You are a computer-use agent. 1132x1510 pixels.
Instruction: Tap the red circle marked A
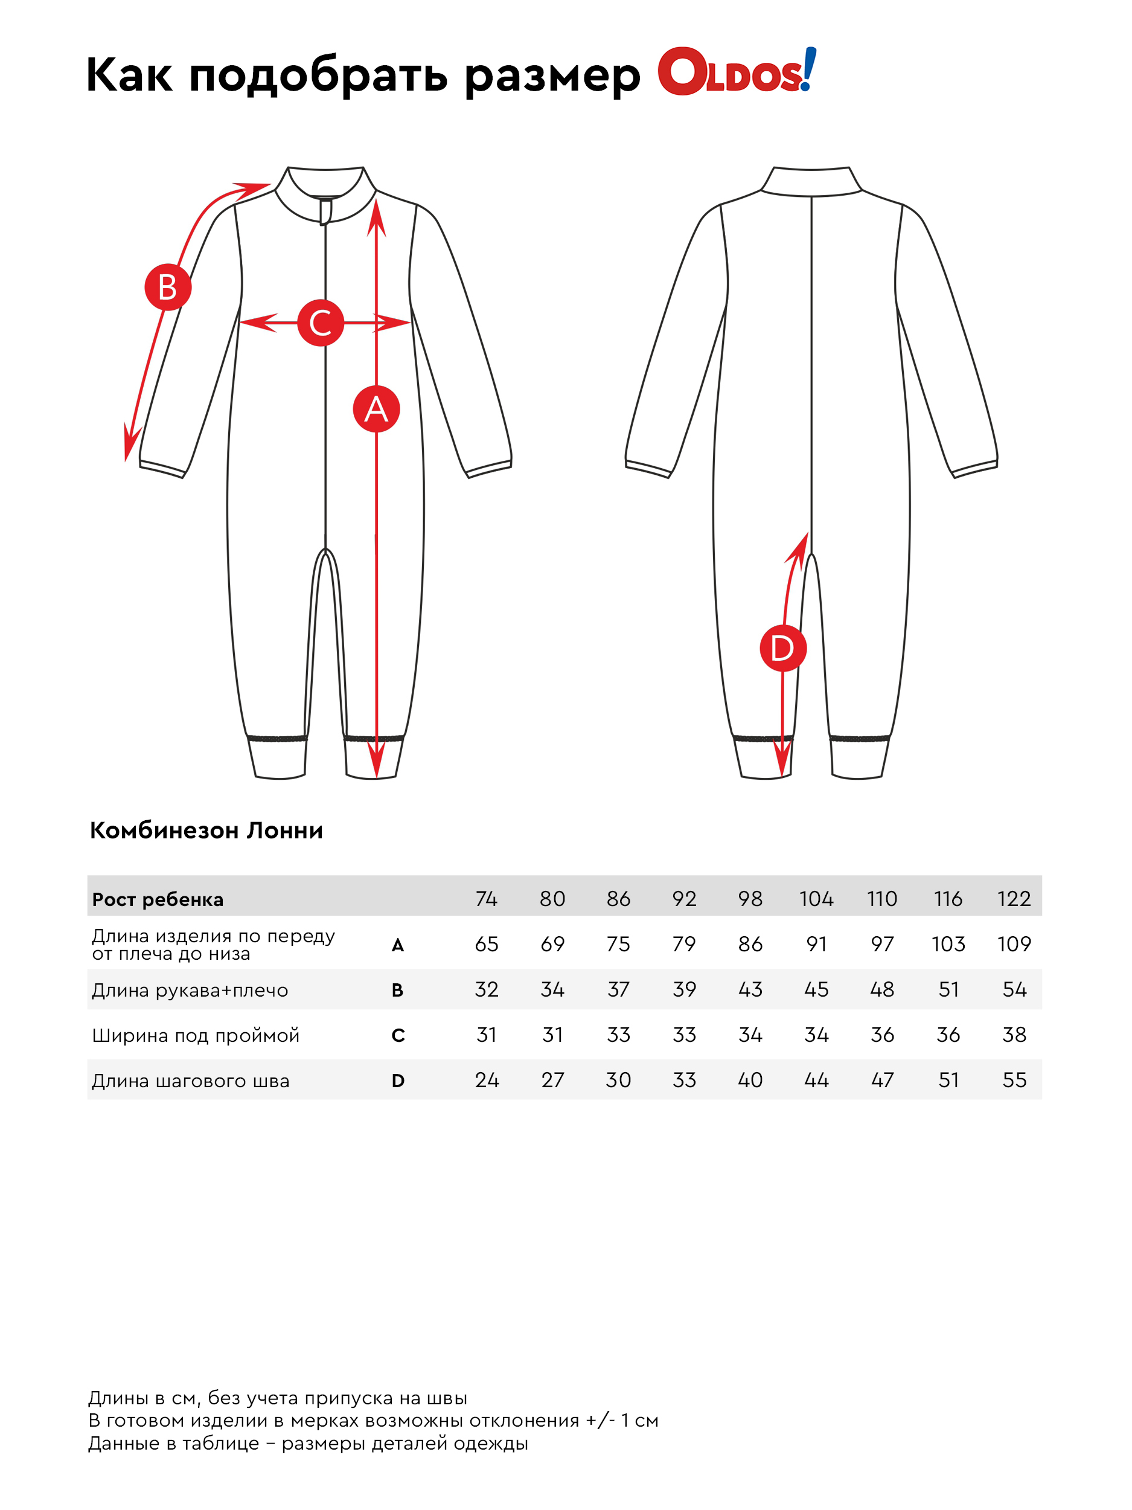[376, 409]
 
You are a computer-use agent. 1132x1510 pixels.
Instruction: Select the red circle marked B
[168, 287]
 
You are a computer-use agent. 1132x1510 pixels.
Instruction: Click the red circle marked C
[320, 323]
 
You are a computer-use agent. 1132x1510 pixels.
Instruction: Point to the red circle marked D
[782, 648]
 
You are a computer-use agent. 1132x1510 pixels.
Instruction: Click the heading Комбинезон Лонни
[206, 830]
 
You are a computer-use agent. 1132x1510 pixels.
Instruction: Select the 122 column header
[1013, 898]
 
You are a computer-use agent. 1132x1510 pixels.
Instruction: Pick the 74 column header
[486, 898]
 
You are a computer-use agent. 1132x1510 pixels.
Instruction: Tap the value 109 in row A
[1013, 944]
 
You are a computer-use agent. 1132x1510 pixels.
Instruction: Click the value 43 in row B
[750, 989]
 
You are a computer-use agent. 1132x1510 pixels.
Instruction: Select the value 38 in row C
[1014, 1034]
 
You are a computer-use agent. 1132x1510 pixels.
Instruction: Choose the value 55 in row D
[1014, 1080]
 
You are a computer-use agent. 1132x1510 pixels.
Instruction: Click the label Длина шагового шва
[190, 1081]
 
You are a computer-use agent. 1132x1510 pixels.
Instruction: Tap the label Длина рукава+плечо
[190, 990]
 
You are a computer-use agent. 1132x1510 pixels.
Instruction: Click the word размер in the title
[552, 75]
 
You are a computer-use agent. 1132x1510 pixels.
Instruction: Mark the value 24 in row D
[487, 1080]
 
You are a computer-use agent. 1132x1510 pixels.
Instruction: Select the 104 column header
[816, 898]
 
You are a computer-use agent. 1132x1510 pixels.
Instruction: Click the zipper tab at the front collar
[325, 210]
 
